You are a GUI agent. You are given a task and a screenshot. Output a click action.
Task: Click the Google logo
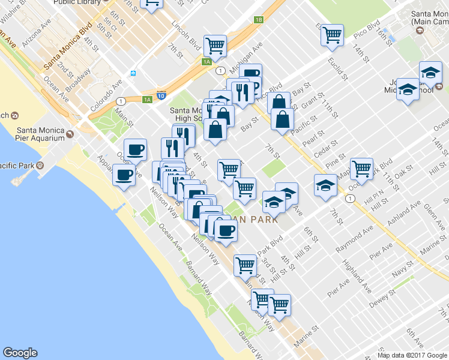tap(20, 353)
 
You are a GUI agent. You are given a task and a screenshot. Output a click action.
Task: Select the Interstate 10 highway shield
tap(161, 95)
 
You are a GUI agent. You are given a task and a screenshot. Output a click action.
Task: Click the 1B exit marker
tap(258, 20)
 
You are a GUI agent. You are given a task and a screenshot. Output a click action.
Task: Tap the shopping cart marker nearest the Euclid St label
tap(332, 34)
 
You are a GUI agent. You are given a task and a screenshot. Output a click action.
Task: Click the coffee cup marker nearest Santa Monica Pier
tap(124, 176)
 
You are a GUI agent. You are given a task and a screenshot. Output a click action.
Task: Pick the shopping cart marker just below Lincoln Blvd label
tap(214, 44)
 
